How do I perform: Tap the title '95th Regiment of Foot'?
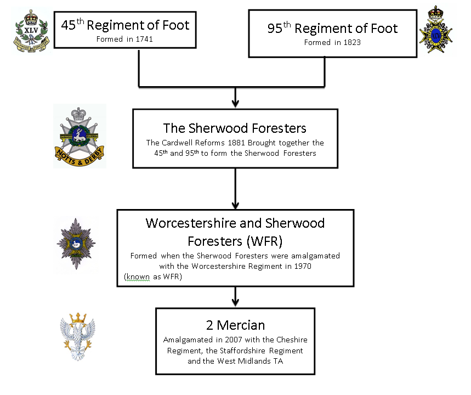click(x=332, y=28)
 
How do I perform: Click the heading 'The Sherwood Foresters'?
click(x=235, y=128)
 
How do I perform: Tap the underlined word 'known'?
click(x=137, y=276)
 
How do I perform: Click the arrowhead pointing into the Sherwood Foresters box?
click(x=235, y=104)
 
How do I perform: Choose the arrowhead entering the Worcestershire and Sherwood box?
click(x=235, y=204)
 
